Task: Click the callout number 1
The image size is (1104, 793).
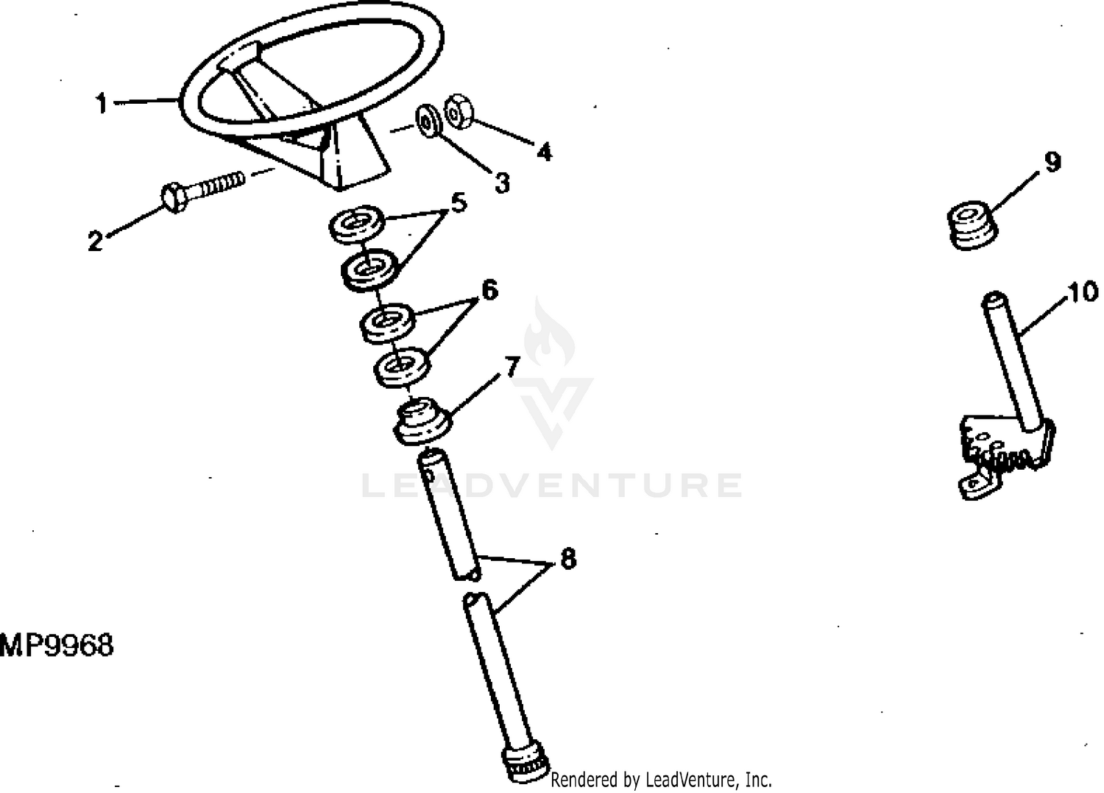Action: [102, 103]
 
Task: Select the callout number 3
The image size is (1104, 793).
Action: [502, 183]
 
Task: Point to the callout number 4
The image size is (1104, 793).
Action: [544, 152]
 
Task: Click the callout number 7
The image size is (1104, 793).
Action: [512, 367]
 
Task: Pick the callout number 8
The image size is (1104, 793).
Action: [568, 560]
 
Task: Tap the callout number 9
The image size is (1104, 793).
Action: [1052, 162]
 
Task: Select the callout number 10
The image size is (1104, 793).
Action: [1083, 292]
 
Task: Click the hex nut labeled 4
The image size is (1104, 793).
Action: [459, 112]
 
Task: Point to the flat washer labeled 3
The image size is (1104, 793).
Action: [428, 121]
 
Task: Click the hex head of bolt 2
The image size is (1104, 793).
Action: [174, 198]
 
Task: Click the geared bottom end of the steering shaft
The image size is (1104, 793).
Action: [526, 765]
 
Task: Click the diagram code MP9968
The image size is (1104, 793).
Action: [56, 645]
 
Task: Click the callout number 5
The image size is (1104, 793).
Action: [459, 202]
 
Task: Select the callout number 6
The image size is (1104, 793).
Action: [489, 290]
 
